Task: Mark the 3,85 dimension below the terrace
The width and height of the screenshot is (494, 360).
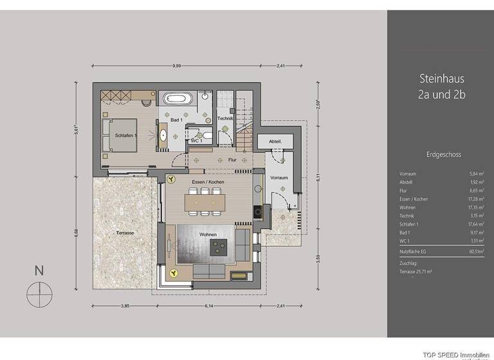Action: pos(125,306)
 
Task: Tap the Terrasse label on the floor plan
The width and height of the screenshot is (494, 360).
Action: pos(125,232)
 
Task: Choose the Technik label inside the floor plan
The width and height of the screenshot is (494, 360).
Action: pos(224,118)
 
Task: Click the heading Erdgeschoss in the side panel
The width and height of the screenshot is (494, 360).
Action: pos(443,155)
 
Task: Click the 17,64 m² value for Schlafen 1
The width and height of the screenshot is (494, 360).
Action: pos(473,224)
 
